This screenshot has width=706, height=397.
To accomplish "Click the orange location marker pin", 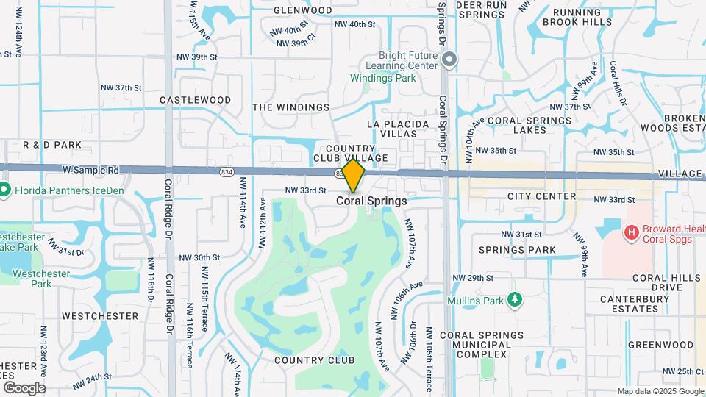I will click(354, 175).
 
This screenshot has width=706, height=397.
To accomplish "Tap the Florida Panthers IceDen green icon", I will click(4, 190).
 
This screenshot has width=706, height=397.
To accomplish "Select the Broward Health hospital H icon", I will click(630, 233).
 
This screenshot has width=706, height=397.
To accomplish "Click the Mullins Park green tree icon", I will click(516, 300).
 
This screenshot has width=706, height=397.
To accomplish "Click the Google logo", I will click(24, 387).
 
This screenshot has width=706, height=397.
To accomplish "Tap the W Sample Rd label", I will click(90, 170).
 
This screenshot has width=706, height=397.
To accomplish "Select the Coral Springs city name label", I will click(371, 201).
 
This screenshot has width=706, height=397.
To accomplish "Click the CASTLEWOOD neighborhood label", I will click(195, 100).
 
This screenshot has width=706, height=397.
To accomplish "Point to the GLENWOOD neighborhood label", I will click(303, 10).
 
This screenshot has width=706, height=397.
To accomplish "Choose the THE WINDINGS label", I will click(291, 107).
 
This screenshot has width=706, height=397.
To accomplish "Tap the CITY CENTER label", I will click(541, 196).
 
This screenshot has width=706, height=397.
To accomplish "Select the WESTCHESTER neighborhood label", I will click(100, 316).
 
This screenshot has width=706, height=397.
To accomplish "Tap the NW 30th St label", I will click(199, 258).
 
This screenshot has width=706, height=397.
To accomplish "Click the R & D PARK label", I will click(52, 146).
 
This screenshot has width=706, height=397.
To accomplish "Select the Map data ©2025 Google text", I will click(660, 391).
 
